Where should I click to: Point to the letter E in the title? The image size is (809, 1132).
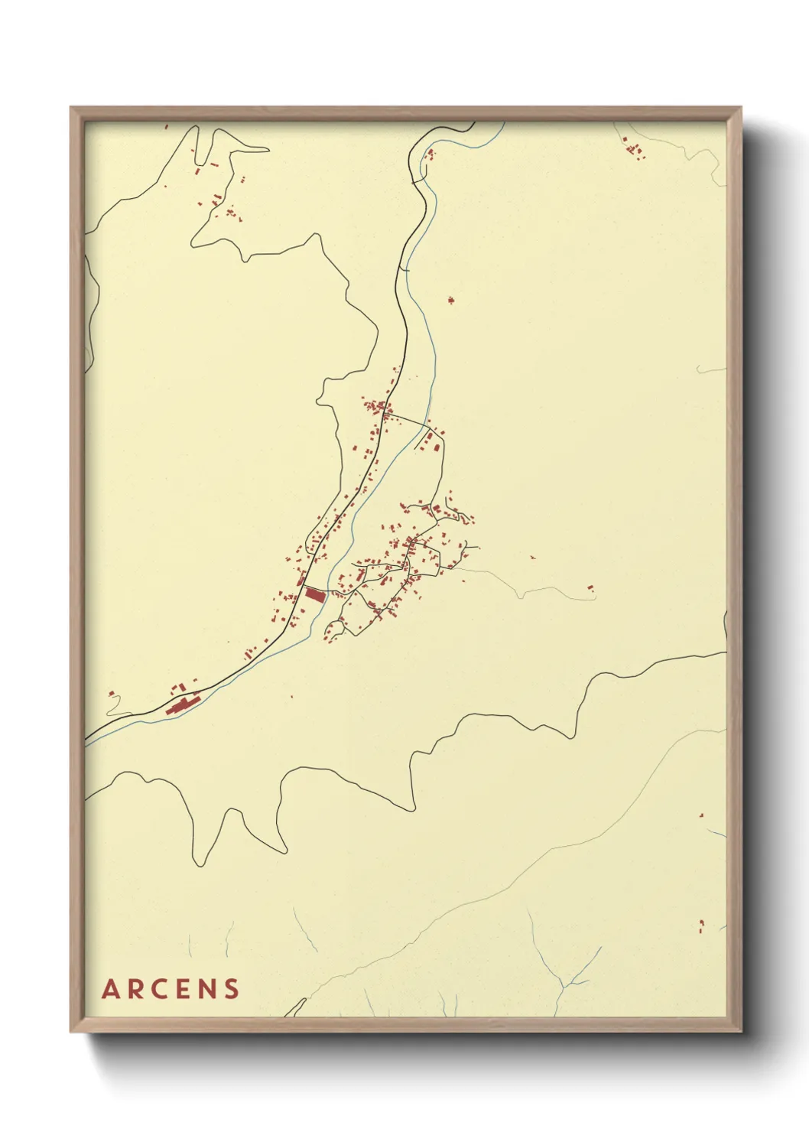pos(184,989)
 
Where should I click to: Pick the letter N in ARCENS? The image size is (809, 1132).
pos(206,989)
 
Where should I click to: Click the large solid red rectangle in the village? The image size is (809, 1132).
pos(314,594)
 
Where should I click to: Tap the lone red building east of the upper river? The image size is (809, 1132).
pos(450,300)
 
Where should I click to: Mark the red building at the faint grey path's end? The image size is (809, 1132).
pos(590,587)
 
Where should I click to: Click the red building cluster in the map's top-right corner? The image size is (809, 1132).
pos(632,149)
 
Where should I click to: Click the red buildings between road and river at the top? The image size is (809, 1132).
pos(428,156)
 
